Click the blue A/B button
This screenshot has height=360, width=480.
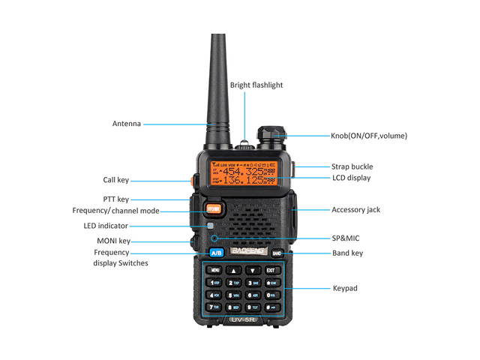[x=217, y=253]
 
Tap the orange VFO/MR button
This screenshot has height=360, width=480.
[x=214, y=208]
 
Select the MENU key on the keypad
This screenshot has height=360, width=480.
[x=215, y=270]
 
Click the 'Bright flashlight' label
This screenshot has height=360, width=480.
[x=256, y=85]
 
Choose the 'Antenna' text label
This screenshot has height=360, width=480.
[x=127, y=124]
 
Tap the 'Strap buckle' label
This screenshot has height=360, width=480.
[x=352, y=166]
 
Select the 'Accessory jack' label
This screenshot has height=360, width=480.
[x=355, y=210]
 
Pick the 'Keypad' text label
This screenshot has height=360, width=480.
[x=345, y=288]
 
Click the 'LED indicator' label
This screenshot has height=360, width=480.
[x=106, y=226]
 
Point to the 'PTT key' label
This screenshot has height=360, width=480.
[x=116, y=199]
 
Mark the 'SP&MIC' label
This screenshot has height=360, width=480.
[x=346, y=238]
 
